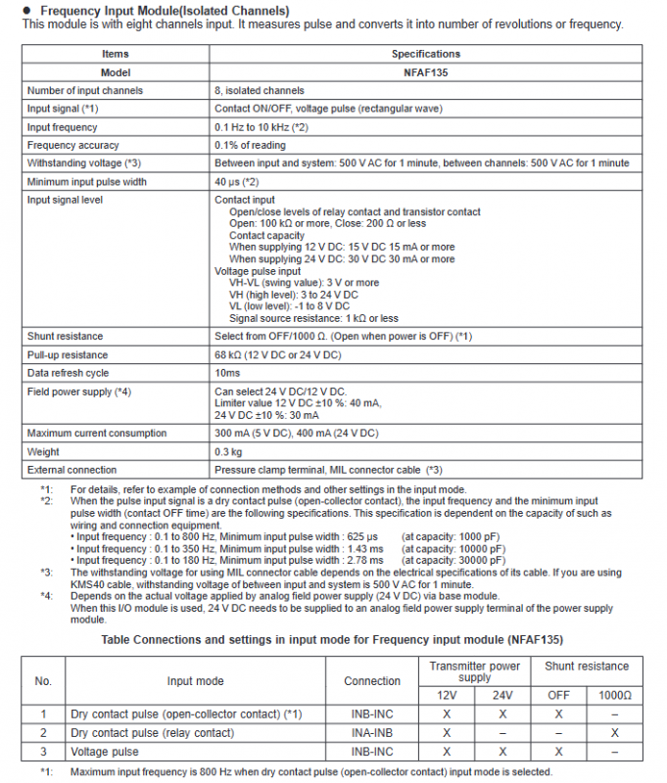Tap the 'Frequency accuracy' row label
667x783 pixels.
click(x=66, y=145)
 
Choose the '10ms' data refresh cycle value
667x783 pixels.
click(x=227, y=373)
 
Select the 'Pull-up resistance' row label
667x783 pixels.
click(x=68, y=354)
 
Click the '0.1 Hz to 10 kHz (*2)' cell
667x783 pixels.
click(x=262, y=127)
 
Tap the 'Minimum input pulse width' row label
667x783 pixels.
click(x=87, y=181)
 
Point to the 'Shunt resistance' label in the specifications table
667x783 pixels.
click(x=66, y=337)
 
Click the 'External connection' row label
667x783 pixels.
click(x=71, y=470)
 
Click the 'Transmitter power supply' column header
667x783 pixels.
click(x=475, y=671)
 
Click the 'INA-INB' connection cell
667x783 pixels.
click(x=372, y=733)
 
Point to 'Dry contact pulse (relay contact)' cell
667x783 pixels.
click(x=152, y=733)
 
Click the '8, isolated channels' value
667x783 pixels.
click(x=260, y=91)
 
